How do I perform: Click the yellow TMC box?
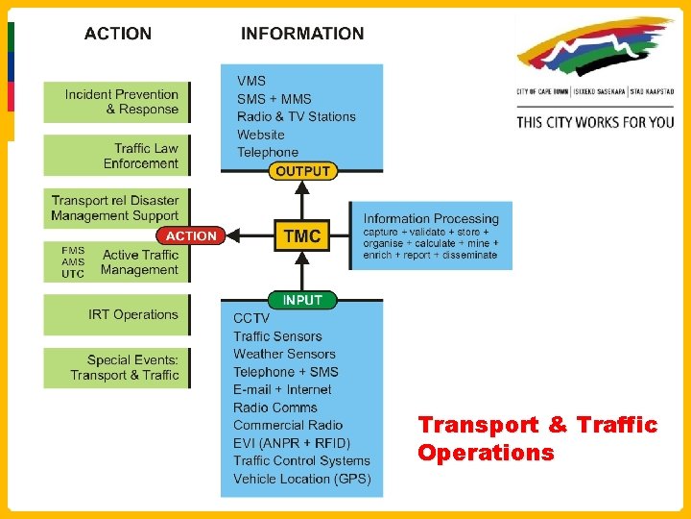click(x=302, y=235)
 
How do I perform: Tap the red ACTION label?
click(x=191, y=235)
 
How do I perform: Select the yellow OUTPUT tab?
click(x=302, y=171)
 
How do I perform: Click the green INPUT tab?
click(x=302, y=300)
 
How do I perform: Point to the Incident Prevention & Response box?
click(x=117, y=102)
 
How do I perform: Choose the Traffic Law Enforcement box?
click(x=117, y=156)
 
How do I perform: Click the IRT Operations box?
click(x=117, y=314)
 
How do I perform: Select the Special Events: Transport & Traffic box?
click(x=117, y=368)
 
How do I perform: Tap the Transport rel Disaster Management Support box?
click(x=115, y=208)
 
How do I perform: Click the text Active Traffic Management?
click(x=140, y=262)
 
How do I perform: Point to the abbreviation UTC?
click(x=73, y=274)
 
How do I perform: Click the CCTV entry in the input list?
click(x=251, y=318)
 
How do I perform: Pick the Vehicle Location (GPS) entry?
click(x=301, y=479)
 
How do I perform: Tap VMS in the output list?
click(x=251, y=81)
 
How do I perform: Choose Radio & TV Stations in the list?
click(x=296, y=116)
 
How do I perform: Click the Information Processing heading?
click(x=431, y=218)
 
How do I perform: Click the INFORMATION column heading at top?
click(x=302, y=34)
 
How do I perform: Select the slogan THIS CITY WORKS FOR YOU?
click(x=595, y=122)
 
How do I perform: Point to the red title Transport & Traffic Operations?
click(x=536, y=438)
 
